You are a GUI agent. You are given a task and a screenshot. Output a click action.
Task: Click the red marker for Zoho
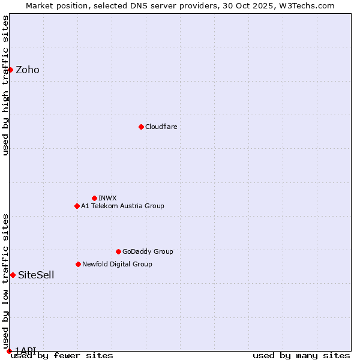(10, 70)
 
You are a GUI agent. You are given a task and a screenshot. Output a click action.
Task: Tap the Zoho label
(28, 70)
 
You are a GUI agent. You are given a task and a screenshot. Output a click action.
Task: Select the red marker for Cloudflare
(141, 127)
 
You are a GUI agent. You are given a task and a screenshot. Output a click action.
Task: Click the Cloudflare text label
(161, 127)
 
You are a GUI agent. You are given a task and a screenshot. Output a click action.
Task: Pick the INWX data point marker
(94, 198)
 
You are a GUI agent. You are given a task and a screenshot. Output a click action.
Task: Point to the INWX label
(107, 198)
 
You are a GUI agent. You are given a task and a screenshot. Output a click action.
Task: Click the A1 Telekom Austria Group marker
(77, 206)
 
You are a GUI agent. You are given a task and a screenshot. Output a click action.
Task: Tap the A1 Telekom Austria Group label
(122, 206)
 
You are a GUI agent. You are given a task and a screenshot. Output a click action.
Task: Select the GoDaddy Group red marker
(118, 251)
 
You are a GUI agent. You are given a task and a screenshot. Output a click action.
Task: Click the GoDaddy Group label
(148, 252)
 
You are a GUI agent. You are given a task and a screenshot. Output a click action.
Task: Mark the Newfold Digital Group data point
(78, 264)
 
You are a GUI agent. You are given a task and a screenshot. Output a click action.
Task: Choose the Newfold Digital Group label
(117, 265)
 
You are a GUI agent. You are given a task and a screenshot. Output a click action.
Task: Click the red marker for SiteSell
(13, 275)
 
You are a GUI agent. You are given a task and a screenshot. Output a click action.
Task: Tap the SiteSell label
(36, 275)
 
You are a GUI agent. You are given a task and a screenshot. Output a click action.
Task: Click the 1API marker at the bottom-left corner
(9, 351)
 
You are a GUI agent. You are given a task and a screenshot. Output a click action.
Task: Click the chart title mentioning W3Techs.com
(180, 5)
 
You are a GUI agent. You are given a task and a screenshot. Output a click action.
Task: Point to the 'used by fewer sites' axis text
(62, 356)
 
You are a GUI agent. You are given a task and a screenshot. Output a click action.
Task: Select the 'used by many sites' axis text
(301, 356)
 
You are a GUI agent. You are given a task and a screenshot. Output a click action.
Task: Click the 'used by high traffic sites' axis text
(6, 86)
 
